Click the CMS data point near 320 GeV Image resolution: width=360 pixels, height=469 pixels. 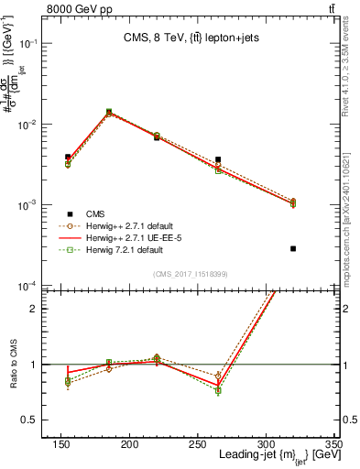293,248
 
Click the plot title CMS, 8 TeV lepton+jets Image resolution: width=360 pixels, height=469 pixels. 190,38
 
